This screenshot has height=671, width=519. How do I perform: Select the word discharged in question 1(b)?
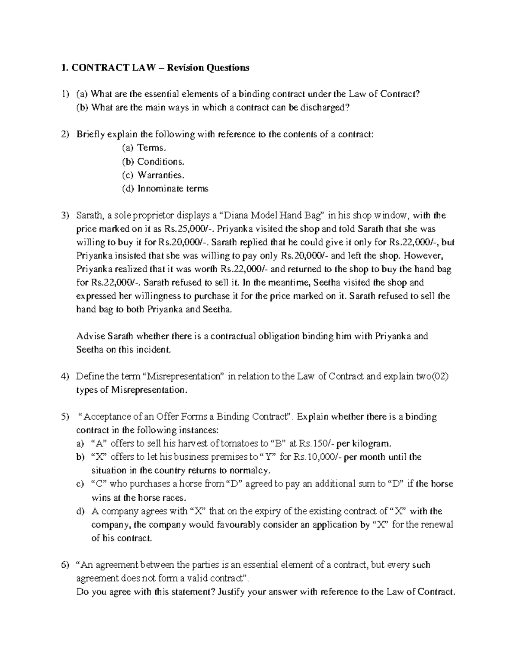[x=323, y=108]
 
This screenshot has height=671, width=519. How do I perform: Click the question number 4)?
[x=65, y=376]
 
